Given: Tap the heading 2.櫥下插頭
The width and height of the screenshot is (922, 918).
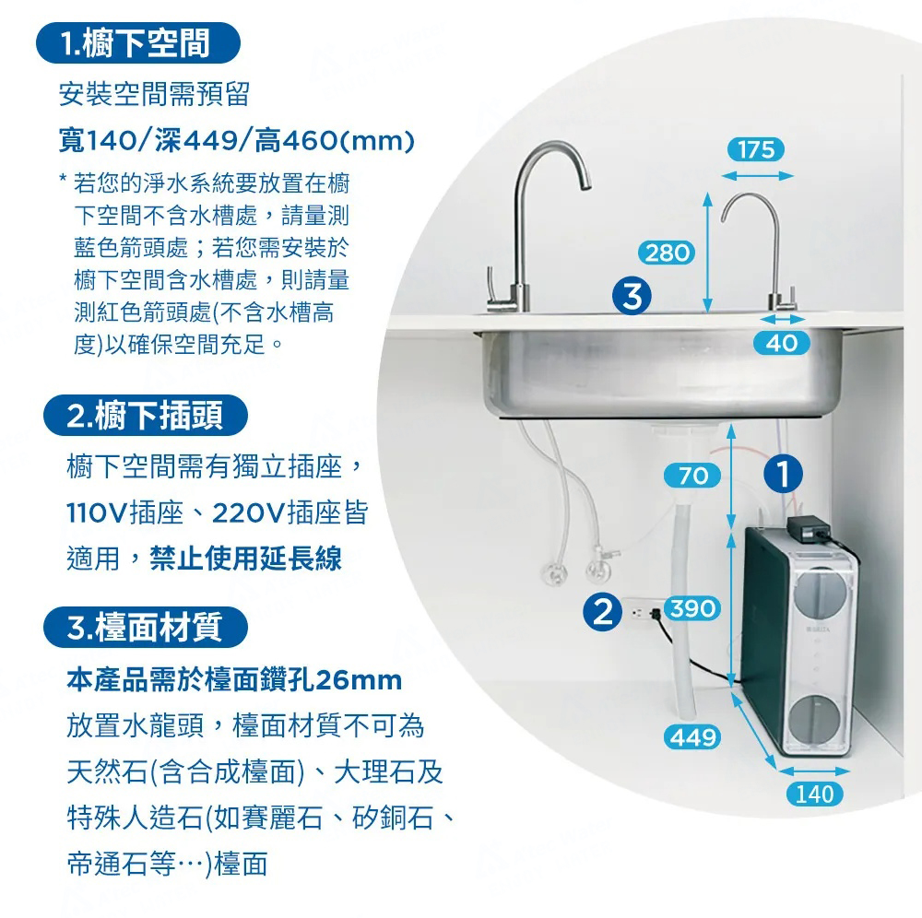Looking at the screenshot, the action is pos(146,416).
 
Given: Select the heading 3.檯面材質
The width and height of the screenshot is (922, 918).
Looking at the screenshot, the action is pos(146,627).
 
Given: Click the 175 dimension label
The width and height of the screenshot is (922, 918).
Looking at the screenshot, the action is pos(756,149).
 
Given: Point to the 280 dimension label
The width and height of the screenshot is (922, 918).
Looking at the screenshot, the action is pos(667,253).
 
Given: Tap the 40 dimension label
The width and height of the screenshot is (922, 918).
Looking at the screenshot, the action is pos(782,343).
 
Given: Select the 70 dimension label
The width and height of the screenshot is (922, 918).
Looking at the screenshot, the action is pos(692,476).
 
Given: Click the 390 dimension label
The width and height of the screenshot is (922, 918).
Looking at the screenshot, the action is pos(692,607).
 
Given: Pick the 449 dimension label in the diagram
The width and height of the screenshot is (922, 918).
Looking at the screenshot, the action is pos(692,737).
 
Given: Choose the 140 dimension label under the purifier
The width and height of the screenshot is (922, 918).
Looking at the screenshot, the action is pos(815,794).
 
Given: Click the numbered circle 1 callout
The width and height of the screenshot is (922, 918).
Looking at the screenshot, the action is pos(783,474).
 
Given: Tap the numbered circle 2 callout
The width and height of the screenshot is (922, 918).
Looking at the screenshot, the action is pos(603,612).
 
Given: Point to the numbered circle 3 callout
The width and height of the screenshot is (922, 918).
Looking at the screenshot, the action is pos(632,295).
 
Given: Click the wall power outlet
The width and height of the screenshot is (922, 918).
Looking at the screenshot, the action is pos(643,613).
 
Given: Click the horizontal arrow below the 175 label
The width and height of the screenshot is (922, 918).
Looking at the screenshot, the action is pos(757,176).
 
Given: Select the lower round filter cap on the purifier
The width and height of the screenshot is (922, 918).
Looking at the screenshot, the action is pos(815,718).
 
